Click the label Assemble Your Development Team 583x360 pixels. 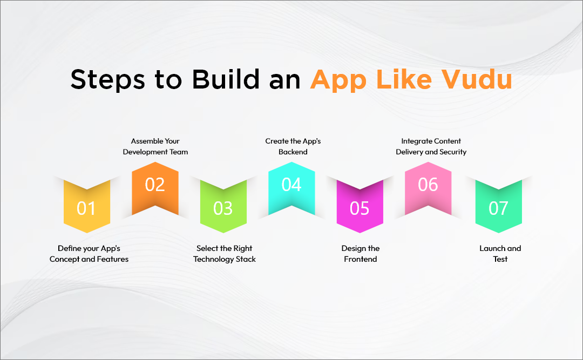click(x=155, y=146)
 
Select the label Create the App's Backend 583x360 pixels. click(x=293, y=146)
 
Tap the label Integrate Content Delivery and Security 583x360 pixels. click(x=431, y=146)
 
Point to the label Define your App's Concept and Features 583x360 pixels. click(x=89, y=254)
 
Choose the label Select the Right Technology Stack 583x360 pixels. click(x=225, y=254)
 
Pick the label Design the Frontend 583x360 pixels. click(x=360, y=254)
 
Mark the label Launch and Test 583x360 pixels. click(x=500, y=254)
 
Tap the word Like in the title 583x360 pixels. click(x=402, y=80)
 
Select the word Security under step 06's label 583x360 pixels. click(x=452, y=152)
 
